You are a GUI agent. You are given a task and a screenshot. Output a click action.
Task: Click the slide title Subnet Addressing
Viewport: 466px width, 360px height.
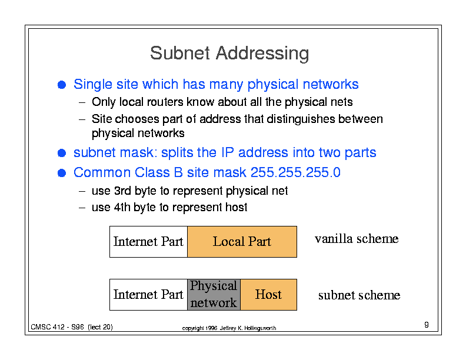[x=229, y=54]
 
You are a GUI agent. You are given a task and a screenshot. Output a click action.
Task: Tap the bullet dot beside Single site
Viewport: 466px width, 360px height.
[x=62, y=85]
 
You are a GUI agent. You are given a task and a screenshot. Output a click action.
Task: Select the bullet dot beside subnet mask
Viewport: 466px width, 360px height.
[x=62, y=153]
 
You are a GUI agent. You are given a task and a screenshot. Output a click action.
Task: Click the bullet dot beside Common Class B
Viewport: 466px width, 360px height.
[x=62, y=173]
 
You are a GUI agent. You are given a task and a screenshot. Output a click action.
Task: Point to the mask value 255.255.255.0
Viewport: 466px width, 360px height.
[x=295, y=172]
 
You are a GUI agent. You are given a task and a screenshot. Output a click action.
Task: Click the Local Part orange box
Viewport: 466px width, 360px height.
[x=242, y=242]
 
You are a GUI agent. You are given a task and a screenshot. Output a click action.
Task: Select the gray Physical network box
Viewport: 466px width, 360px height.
[x=214, y=295]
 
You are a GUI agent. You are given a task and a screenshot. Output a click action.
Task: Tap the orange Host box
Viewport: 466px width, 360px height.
[x=269, y=295]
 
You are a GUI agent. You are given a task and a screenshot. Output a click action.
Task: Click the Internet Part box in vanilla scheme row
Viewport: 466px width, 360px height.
[x=149, y=242]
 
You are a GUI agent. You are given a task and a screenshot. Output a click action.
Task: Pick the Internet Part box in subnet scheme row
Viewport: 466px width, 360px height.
[x=149, y=295]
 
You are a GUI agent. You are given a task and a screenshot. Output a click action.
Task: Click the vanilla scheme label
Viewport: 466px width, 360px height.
[x=357, y=238]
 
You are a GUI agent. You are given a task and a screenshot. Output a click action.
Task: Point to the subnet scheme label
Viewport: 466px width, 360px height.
[x=360, y=295]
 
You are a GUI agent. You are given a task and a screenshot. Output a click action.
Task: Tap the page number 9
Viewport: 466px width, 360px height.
[x=427, y=325]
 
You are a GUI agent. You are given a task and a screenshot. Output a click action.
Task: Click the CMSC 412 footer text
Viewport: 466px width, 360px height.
[x=72, y=327]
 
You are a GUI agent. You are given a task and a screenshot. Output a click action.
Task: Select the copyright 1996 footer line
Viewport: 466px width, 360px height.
[x=229, y=328]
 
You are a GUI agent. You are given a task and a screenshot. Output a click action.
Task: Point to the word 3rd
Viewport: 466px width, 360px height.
[x=122, y=191]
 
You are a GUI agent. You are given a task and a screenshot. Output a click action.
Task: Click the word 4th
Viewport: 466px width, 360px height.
[x=122, y=207]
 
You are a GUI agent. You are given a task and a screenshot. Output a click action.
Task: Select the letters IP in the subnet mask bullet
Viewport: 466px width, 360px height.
[x=227, y=152]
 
